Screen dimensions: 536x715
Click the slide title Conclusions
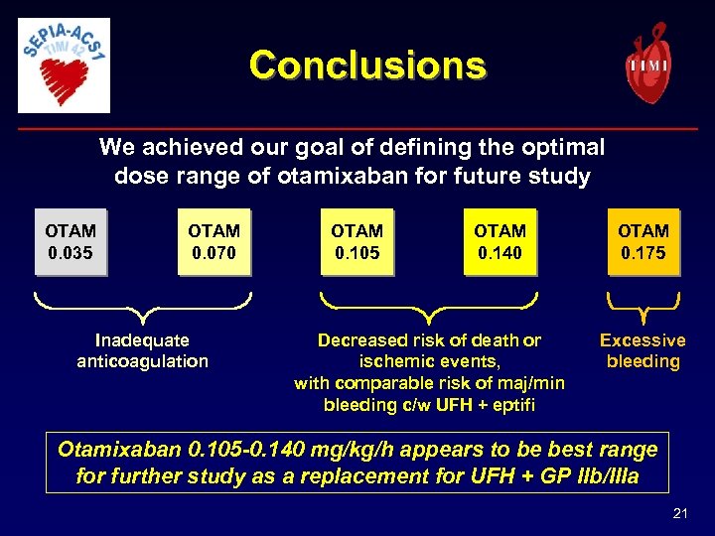[367, 66]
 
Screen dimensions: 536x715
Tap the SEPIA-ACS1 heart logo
[65, 65]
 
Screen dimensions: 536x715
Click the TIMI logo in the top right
[647, 62]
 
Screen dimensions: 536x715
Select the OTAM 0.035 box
[70, 241]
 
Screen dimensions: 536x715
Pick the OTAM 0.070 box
[214, 241]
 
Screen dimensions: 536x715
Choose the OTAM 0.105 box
[357, 241]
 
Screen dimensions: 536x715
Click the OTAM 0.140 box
[500, 241]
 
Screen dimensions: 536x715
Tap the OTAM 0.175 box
[643, 241]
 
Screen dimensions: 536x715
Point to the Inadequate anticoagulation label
[142, 351]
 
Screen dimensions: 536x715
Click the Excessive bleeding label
[643, 351]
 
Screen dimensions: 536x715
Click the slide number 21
[680, 512]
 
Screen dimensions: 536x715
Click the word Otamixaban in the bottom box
[117, 449]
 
